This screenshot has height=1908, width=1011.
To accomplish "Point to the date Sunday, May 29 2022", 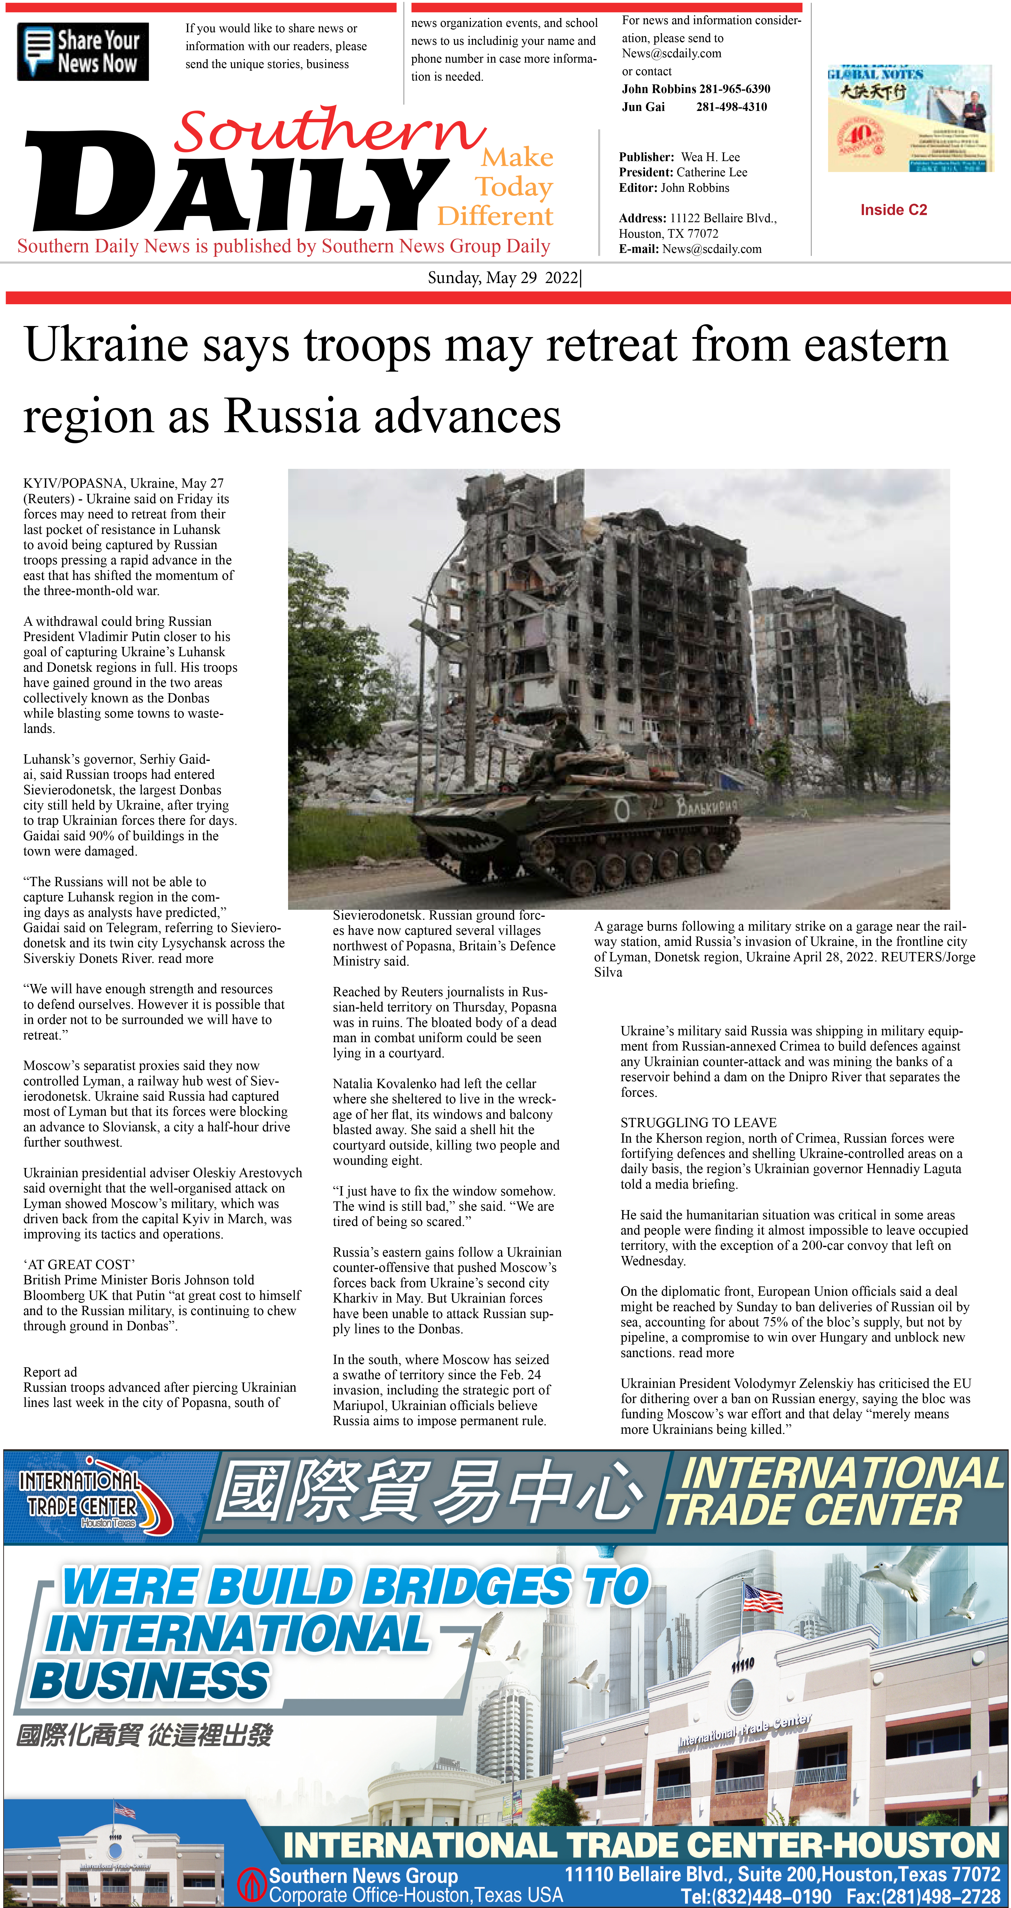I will click(504, 278).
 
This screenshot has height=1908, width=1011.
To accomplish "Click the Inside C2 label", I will click(893, 210).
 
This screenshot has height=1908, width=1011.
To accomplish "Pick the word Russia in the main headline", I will click(293, 416).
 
